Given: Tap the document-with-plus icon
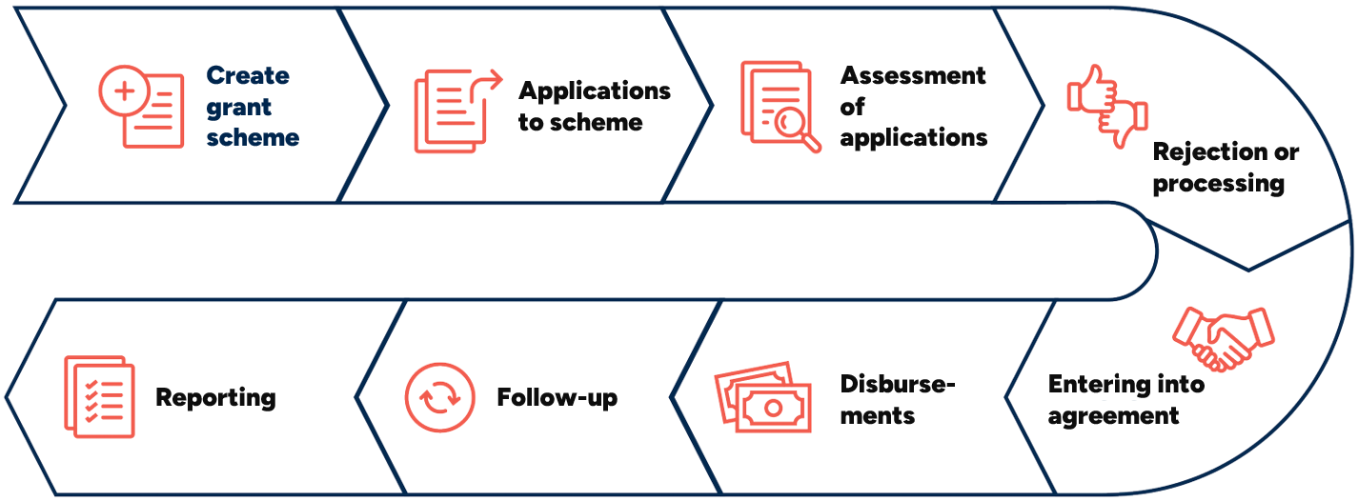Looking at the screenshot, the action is coord(142,107).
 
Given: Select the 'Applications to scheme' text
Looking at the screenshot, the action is coord(595,106).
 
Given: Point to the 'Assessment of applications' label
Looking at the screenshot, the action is coord(913,106).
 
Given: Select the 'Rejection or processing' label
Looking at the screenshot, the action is coord(1225,167).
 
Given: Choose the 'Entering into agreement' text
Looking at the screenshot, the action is coord(1125,400).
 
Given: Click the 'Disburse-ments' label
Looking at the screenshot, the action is coord(897,399).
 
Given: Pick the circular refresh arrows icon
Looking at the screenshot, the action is coord(439,397).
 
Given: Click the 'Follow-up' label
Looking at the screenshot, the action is coord(557,397).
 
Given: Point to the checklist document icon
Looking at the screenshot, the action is coord(99,396).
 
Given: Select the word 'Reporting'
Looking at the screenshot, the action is coord(215,397).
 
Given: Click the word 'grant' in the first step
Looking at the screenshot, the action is coord(239,107).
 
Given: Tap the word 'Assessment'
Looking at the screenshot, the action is coord(913,75).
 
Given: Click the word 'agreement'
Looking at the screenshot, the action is coord(1113,415).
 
